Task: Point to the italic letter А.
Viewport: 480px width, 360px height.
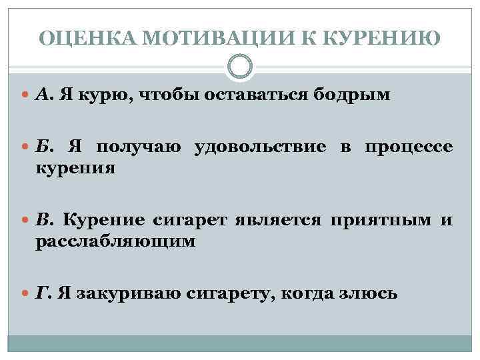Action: coord(41,95)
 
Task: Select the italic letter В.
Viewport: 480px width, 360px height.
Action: coord(41,220)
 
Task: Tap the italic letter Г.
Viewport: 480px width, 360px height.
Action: coord(41,293)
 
